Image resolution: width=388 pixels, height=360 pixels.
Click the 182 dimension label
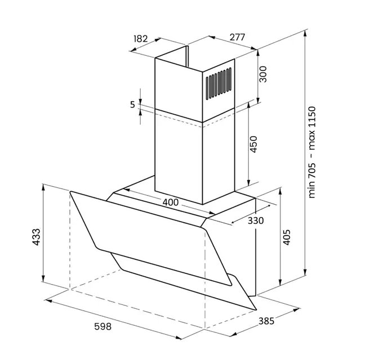click(x=141, y=39)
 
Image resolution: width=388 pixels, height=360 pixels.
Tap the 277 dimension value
click(x=237, y=37)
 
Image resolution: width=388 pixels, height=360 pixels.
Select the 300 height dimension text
click(x=262, y=74)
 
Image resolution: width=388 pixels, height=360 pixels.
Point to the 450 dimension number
click(x=253, y=145)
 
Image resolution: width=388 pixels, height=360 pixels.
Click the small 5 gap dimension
click(x=133, y=105)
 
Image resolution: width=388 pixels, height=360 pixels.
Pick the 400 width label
click(x=171, y=202)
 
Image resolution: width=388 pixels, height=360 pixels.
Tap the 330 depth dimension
click(x=256, y=220)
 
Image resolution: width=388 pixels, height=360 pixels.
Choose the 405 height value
click(x=287, y=237)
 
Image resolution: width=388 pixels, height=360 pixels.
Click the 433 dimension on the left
click(x=36, y=237)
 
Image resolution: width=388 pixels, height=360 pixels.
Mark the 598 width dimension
click(x=102, y=326)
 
